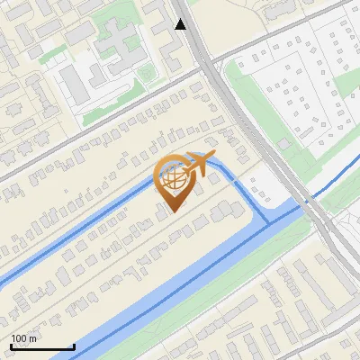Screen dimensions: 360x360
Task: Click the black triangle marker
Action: pos(181,24)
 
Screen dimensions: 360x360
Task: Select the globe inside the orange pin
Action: pos(172,178)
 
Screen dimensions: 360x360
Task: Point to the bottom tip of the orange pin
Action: pos(172,211)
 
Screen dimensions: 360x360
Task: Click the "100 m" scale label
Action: pos(24,338)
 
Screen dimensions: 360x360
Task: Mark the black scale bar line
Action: pos(42,347)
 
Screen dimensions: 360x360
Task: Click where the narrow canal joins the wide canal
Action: pos(270,221)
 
